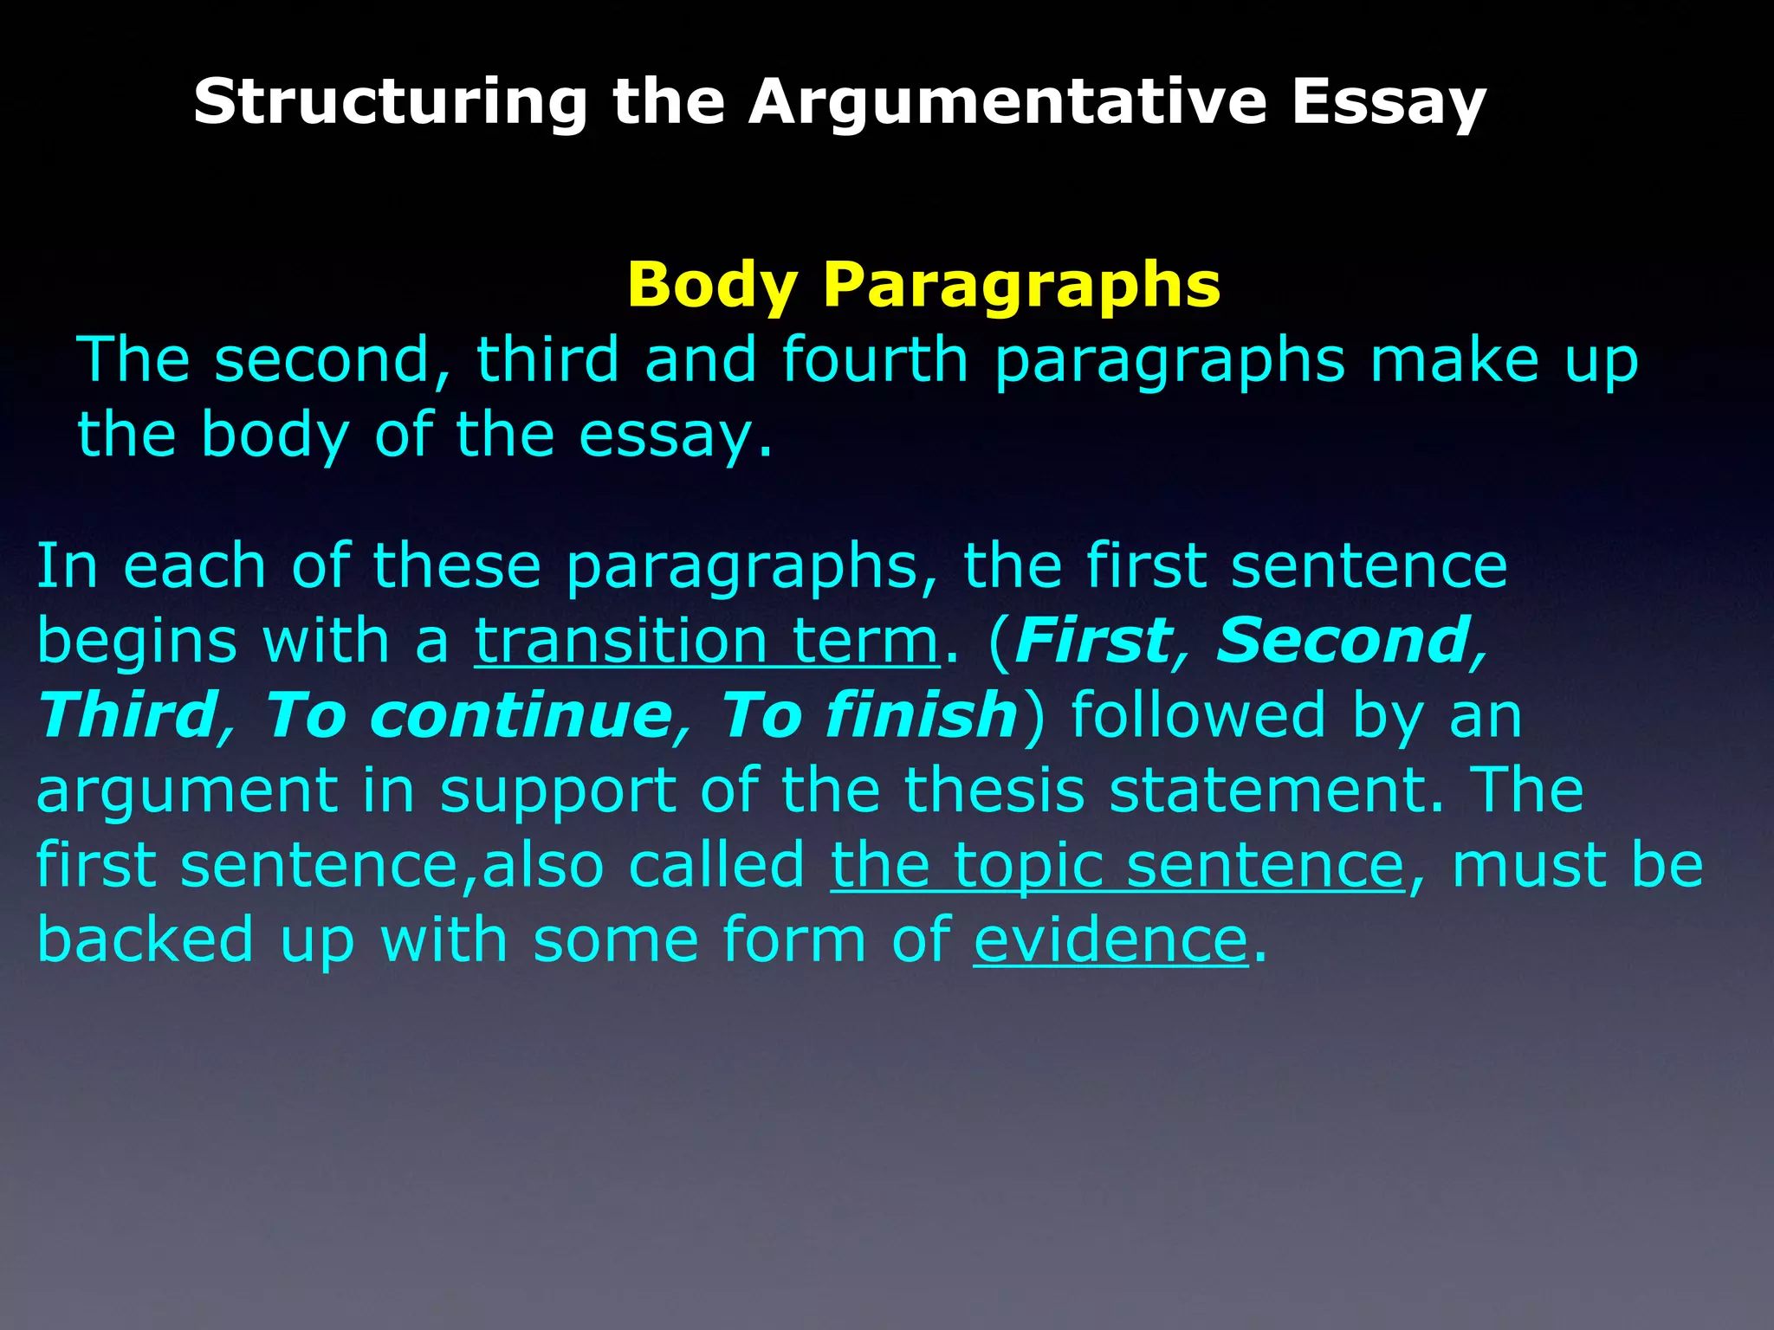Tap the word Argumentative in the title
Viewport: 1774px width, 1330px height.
1007,102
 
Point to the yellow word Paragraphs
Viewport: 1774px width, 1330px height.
1021,286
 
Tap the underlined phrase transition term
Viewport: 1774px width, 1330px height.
706,641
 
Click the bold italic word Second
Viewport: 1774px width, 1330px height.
1343,641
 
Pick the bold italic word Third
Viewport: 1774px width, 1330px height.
127,715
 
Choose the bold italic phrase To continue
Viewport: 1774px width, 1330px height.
468,715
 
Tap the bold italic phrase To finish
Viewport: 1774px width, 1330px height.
869,715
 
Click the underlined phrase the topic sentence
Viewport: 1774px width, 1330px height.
1117,865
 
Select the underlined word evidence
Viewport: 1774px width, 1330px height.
1110,939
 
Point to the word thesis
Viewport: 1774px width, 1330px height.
994,790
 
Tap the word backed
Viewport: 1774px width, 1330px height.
146,939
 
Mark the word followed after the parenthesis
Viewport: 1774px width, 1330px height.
1198,715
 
